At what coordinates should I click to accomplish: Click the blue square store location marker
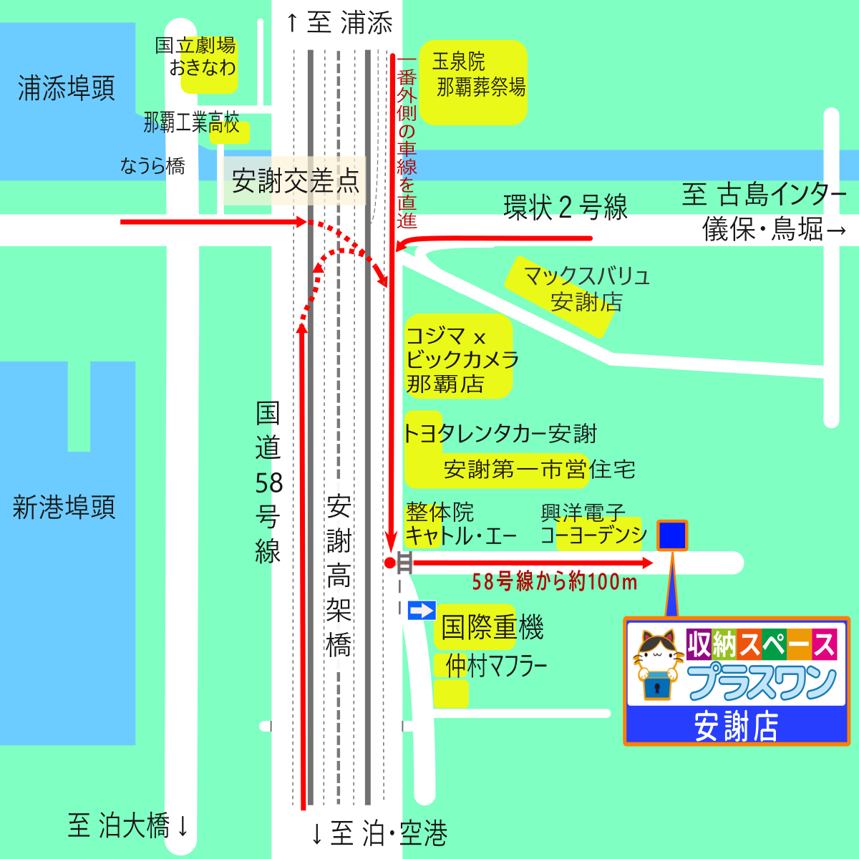click(672, 535)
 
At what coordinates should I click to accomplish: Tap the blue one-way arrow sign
click(422, 611)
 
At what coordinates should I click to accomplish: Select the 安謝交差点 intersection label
click(295, 181)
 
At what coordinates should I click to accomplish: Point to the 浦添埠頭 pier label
click(66, 89)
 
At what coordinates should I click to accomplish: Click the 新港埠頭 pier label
click(64, 508)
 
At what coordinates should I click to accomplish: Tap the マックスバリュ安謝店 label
click(586, 289)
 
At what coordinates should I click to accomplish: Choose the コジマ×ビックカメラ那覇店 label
click(460, 359)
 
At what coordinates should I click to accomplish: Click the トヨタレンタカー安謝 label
click(500, 434)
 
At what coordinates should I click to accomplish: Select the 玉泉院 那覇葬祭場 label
click(478, 74)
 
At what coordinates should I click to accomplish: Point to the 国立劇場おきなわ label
click(196, 57)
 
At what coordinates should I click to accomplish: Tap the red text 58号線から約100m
click(554, 582)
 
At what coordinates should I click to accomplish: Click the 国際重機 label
click(492, 628)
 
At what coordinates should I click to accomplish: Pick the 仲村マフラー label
click(495, 666)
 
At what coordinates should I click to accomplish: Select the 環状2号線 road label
click(566, 208)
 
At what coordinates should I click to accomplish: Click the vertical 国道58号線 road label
click(268, 482)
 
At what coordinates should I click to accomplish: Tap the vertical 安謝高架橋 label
click(339, 576)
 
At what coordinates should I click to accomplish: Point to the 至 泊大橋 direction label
click(129, 825)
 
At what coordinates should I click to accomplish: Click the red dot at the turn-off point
click(389, 563)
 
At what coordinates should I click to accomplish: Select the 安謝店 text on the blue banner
click(736, 727)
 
